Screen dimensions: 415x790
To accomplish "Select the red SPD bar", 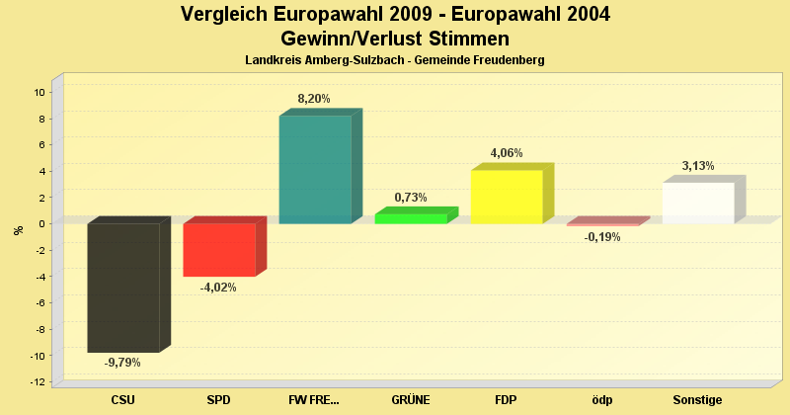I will pos(219,249).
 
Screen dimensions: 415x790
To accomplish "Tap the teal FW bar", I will pos(315,169).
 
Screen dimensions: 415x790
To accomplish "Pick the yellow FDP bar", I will pos(507,197).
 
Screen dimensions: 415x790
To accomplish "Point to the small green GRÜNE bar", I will pos(411,218).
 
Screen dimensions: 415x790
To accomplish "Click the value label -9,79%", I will pos(123,363).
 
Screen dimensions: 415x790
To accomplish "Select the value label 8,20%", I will pos(314,99).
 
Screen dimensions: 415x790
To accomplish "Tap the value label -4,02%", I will pos(218,288).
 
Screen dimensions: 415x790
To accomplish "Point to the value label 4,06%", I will pos(507,153).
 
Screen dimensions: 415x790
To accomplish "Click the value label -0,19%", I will pos(601,237).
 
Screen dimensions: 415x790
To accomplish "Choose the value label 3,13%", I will pos(698,166).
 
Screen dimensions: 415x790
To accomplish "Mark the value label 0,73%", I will pos(411,198).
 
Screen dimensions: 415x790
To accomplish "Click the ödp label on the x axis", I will pos(601,400).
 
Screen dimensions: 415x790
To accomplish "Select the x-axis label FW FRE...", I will pos(314,400).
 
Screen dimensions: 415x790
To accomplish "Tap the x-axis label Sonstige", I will pos(698,400).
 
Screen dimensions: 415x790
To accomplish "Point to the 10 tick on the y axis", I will pos(39,92).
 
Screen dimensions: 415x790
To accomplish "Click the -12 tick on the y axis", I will pos(38,381).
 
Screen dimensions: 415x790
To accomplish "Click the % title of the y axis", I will pos(18,230).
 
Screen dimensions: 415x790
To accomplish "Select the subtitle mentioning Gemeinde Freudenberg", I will pos(395,60).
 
